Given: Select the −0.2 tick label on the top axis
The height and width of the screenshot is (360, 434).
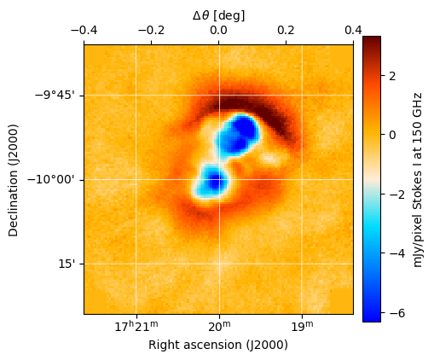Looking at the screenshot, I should [150, 30].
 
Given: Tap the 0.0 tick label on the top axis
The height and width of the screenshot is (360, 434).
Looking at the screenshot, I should [218, 30].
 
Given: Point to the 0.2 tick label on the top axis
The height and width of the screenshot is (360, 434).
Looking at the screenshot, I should [286, 30].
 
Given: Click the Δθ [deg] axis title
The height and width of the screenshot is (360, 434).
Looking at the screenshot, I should [218, 15].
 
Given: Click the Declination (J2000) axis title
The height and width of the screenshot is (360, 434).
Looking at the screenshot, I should [14, 179].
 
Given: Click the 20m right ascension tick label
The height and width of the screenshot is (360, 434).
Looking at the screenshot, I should [219, 327].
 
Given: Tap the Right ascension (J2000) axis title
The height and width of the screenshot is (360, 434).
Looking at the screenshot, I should [218, 345].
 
